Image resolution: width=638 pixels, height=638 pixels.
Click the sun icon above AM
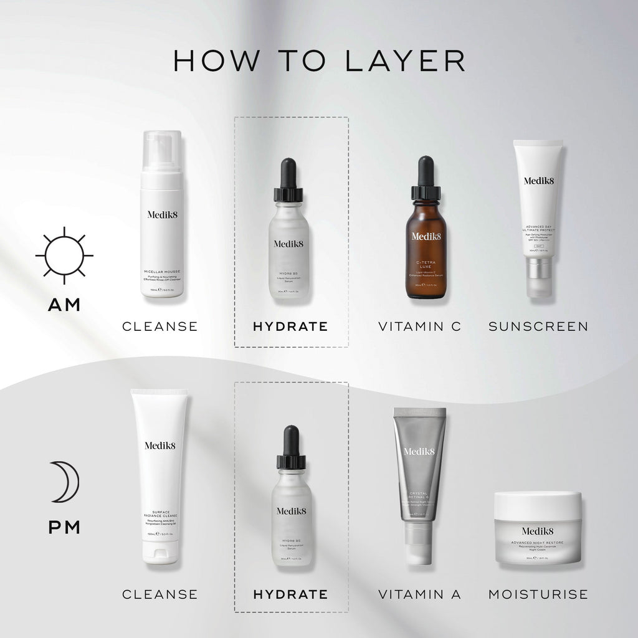point(64,255)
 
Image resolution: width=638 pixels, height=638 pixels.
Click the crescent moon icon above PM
point(65,482)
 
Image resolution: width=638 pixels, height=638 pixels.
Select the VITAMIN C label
point(420,326)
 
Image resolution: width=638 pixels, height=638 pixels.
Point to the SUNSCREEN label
point(538,326)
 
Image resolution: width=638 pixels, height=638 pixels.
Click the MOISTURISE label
point(538,594)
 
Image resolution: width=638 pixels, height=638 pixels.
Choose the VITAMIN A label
point(420,594)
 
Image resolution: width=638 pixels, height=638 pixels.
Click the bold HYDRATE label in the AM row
point(290,326)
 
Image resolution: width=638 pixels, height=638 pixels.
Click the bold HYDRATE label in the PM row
point(290,594)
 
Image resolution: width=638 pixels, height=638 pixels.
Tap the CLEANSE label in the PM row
point(160,594)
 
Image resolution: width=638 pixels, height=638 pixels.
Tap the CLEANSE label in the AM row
point(160,326)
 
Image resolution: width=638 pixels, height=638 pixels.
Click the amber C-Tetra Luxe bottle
point(426,249)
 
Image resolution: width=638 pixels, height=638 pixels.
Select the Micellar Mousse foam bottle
point(161,224)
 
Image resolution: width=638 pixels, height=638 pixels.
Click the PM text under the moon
point(65,528)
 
